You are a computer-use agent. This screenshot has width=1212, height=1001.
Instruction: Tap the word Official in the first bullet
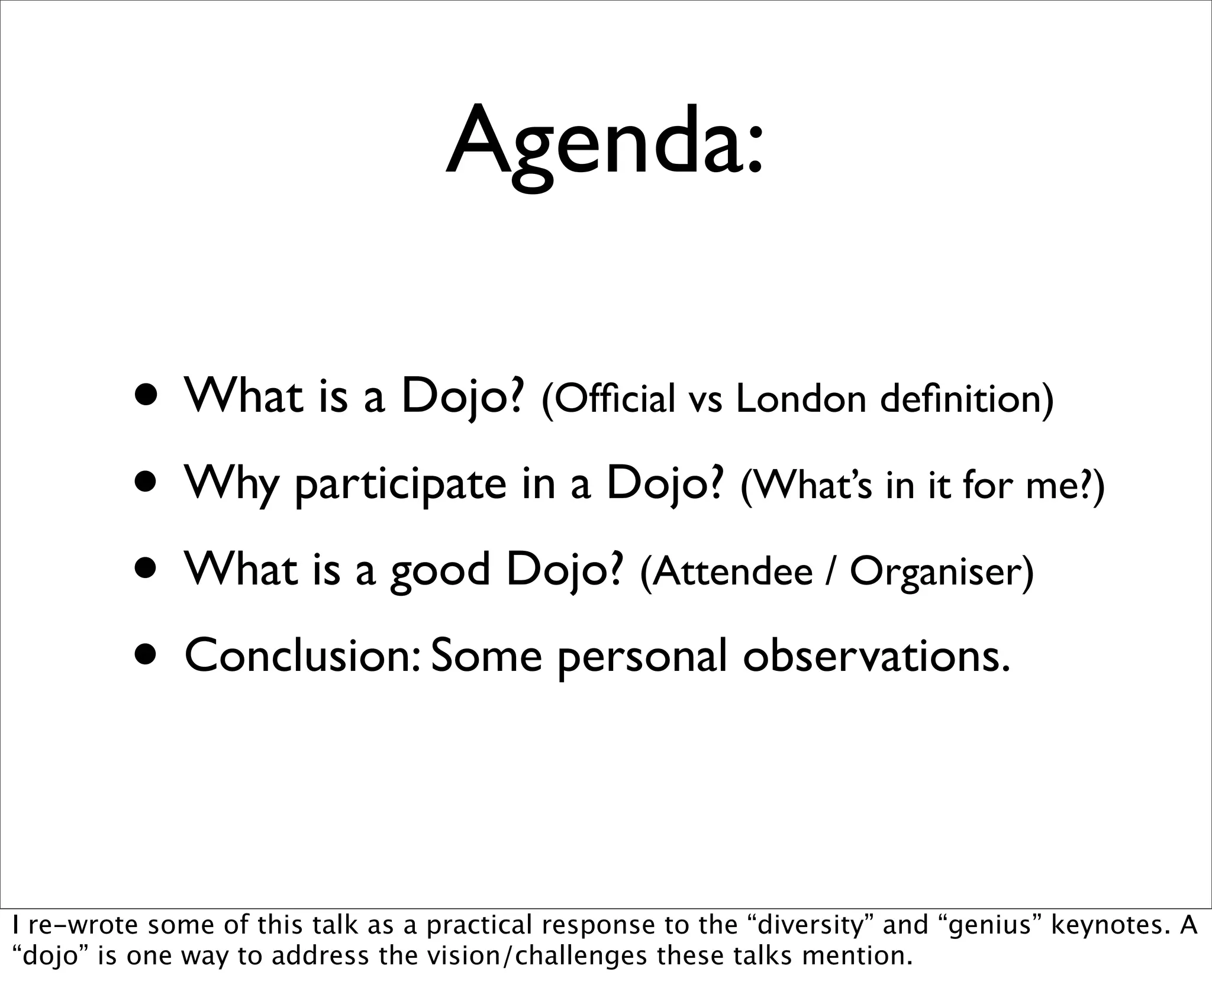608,399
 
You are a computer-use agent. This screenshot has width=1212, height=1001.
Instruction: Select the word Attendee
727,572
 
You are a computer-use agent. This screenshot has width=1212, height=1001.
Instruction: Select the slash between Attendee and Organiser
831,572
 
